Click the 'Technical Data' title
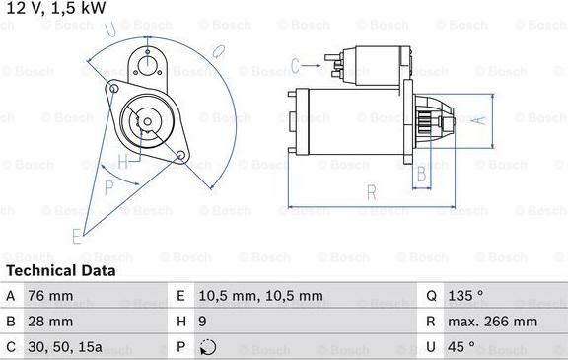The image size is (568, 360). pyautogui.click(x=60, y=270)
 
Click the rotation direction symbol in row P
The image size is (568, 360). pyautogui.click(x=207, y=348)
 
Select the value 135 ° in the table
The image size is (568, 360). pyautogui.click(x=466, y=295)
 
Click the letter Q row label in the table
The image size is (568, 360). pyautogui.click(x=432, y=295)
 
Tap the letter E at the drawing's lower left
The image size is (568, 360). pyautogui.click(x=76, y=235)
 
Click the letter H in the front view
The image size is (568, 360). pyautogui.click(x=122, y=161)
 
